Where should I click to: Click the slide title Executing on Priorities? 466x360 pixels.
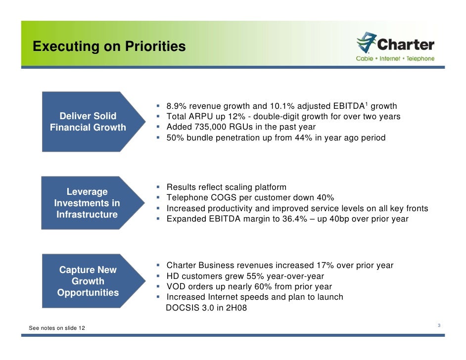point(109,46)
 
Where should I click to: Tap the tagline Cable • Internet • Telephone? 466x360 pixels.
point(395,58)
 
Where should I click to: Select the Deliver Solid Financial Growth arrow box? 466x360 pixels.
point(88,122)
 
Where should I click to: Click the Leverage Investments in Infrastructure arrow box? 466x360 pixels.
point(87,203)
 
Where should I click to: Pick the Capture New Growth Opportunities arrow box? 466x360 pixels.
point(88,281)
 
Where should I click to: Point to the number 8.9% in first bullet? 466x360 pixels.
point(177,106)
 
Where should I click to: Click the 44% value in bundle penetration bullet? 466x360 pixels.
point(303,137)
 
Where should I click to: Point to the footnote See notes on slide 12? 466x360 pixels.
point(57,328)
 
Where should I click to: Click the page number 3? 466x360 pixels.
point(439,325)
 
